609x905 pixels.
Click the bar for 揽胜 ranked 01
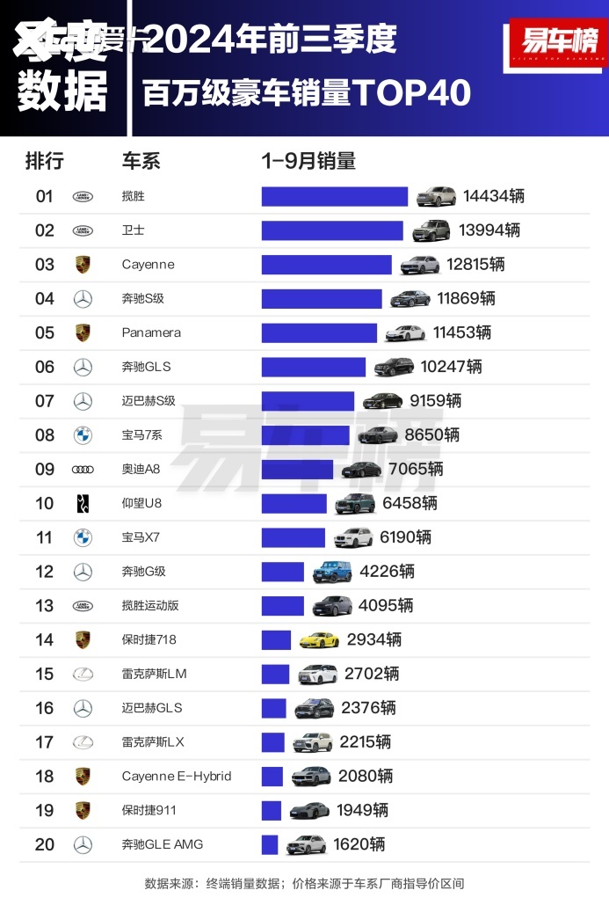[334, 196]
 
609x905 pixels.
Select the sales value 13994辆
[489, 230]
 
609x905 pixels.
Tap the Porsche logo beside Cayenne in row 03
[83, 265]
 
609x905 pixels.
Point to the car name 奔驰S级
[143, 299]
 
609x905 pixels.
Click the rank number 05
[45, 332]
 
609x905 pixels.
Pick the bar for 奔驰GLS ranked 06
[313, 367]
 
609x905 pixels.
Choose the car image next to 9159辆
[382, 401]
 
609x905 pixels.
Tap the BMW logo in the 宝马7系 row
[83, 435]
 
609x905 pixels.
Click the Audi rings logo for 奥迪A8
[83, 470]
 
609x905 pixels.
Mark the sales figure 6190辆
[405, 537]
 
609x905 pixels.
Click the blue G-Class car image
[332, 572]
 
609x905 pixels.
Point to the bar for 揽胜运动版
[282, 606]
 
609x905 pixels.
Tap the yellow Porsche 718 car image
[319, 640]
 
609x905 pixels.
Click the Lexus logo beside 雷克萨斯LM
[83, 674]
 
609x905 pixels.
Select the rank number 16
[45, 708]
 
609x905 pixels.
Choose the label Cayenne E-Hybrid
[176, 776]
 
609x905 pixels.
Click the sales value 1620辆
[359, 844]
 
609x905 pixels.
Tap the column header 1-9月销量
[308, 161]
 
